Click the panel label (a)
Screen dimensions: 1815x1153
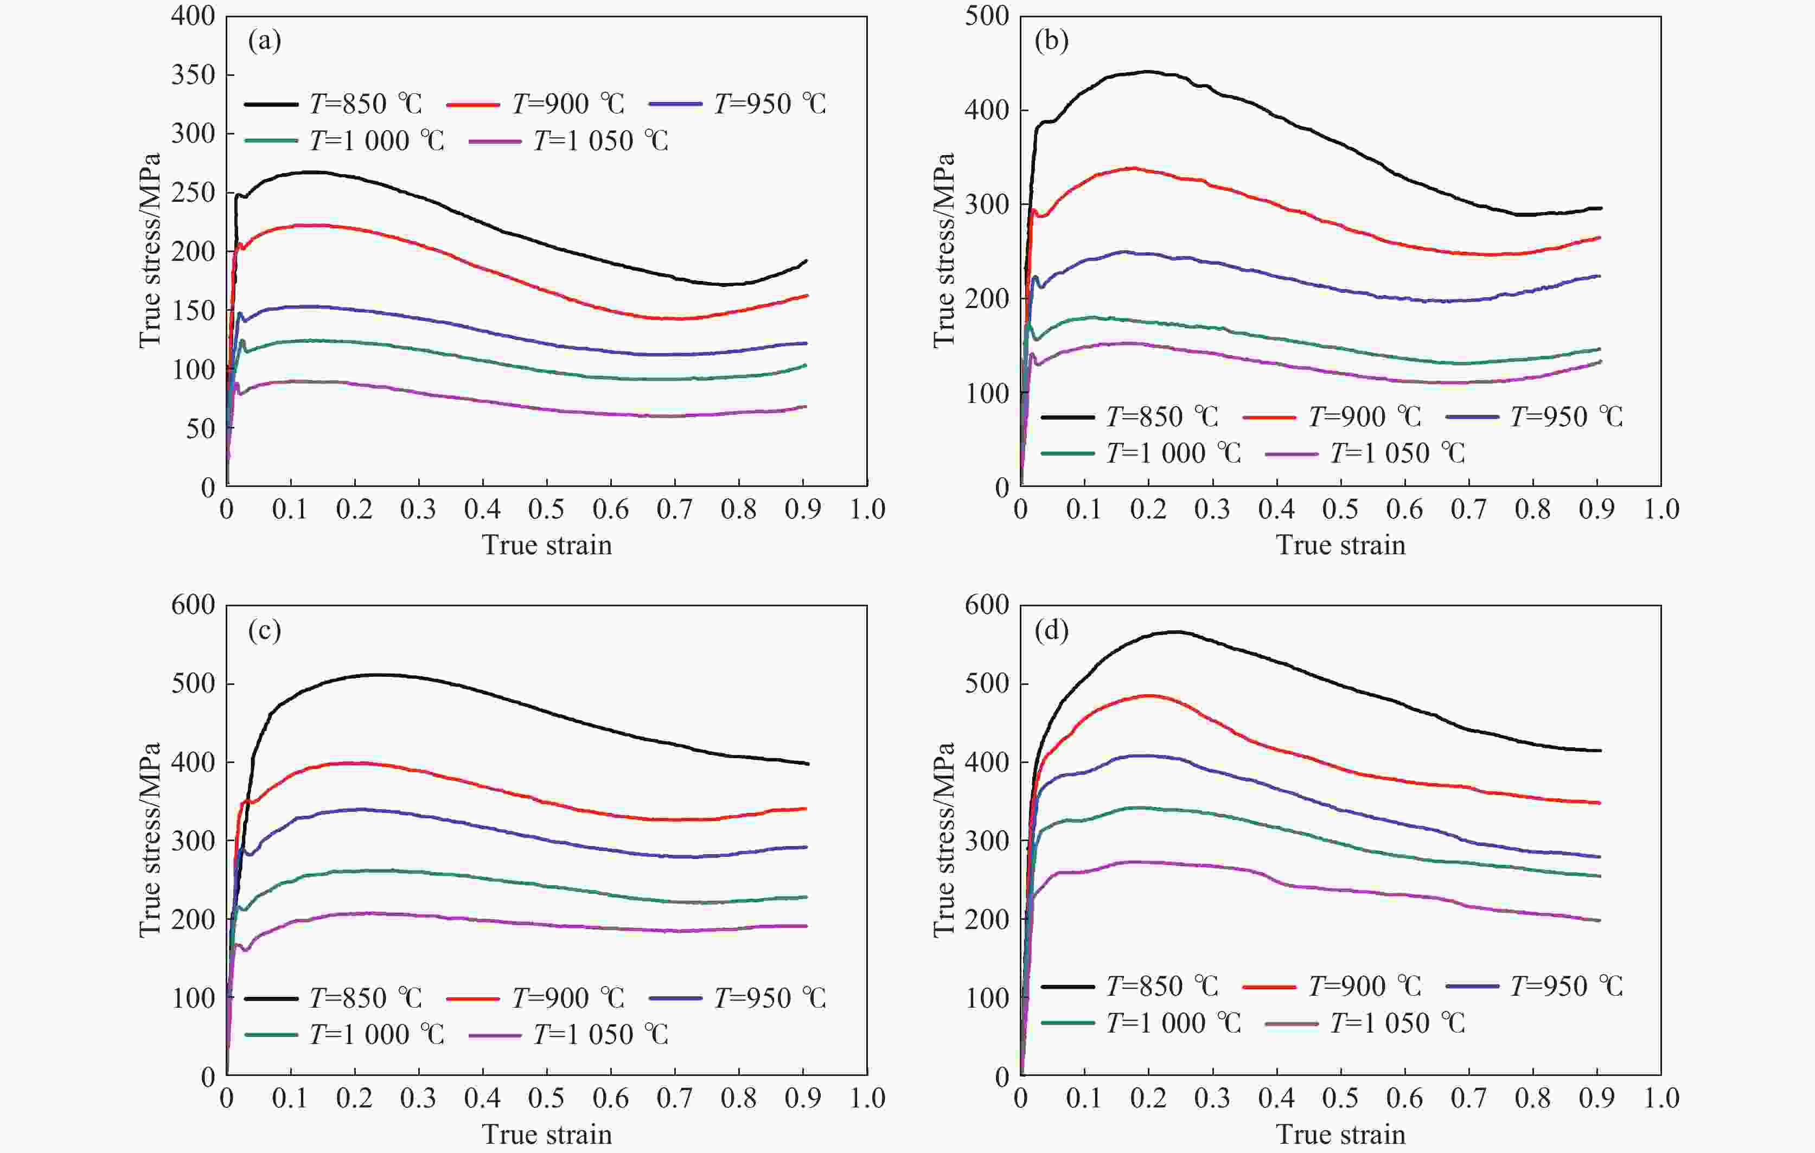point(265,41)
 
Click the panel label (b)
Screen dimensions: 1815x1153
point(1051,41)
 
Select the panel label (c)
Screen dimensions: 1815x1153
point(265,630)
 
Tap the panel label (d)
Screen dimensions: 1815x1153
point(1051,630)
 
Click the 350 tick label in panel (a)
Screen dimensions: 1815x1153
point(193,75)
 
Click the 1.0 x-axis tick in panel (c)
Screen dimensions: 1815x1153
point(867,1098)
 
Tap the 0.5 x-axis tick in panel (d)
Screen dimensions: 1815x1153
point(1340,1098)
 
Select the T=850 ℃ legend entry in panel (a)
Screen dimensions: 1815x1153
point(334,104)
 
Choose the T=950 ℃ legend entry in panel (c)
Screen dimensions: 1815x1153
point(738,998)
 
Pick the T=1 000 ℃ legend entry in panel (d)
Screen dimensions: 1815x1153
point(1141,1023)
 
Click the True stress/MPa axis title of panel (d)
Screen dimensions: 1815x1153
point(944,840)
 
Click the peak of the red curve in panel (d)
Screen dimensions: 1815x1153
point(1149,696)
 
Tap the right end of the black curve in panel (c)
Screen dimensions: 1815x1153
point(808,764)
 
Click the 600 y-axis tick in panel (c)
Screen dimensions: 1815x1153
point(193,605)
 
